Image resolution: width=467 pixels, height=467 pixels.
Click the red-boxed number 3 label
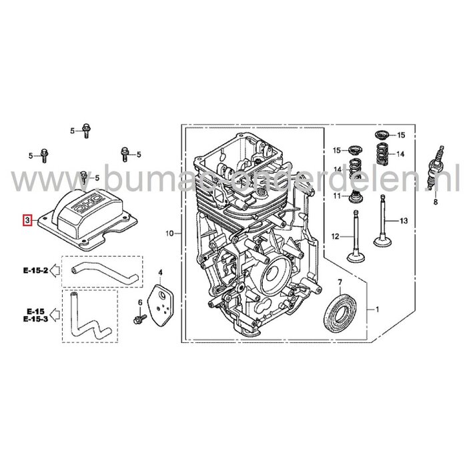(x=27, y=219)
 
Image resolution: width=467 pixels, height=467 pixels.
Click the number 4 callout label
(x=160, y=272)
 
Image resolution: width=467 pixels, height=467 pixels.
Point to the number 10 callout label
(x=169, y=233)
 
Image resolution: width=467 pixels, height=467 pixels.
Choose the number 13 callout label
(x=403, y=220)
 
